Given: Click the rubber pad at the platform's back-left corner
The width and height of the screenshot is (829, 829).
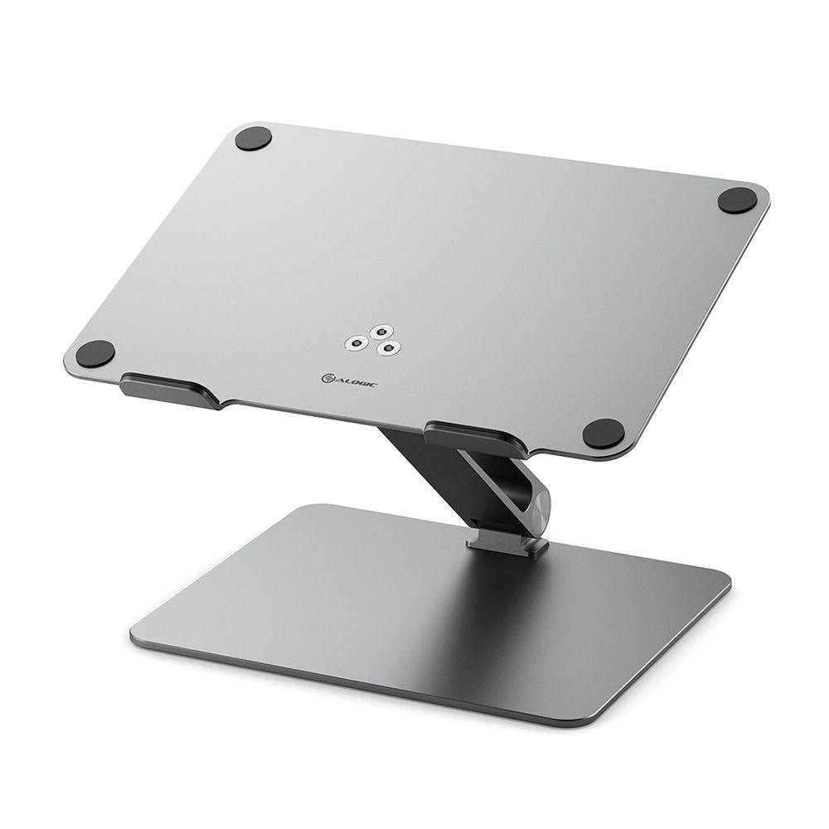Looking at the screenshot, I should (253, 138).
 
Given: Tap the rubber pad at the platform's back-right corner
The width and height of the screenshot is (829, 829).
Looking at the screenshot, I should (737, 200).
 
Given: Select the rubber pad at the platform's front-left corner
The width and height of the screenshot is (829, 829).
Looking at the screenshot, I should (95, 354).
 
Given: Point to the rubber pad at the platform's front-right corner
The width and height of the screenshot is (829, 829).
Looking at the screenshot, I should (603, 432).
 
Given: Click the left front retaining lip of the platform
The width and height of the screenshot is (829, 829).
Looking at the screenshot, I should (169, 389).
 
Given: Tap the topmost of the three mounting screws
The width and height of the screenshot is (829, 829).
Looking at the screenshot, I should (380, 331).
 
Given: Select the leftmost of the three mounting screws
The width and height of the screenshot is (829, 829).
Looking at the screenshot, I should (357, 342).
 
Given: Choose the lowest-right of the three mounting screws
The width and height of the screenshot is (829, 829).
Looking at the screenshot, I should (385, 349).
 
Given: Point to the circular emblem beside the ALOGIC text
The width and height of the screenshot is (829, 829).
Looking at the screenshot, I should (327, 378).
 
